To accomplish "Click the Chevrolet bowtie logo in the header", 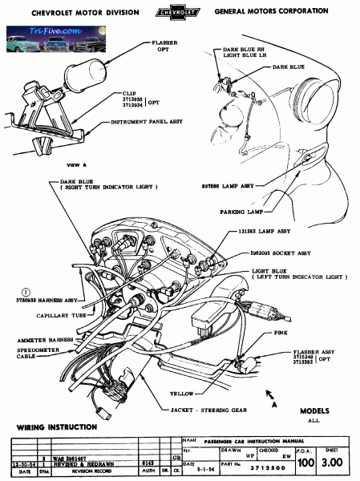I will [x=180, y=13].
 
